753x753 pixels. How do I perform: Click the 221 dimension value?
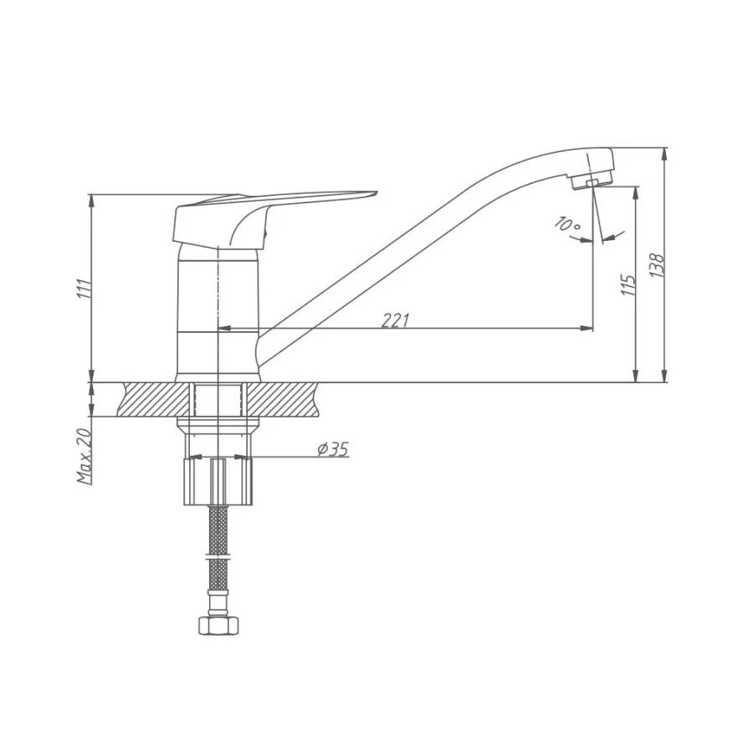point(395,320)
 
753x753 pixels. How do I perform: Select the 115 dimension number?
point(628,285)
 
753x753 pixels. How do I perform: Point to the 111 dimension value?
point(85,288)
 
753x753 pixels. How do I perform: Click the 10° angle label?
point(567,223)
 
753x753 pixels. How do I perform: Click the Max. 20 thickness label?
point(84,455)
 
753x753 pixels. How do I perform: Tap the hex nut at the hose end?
point(218,626)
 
